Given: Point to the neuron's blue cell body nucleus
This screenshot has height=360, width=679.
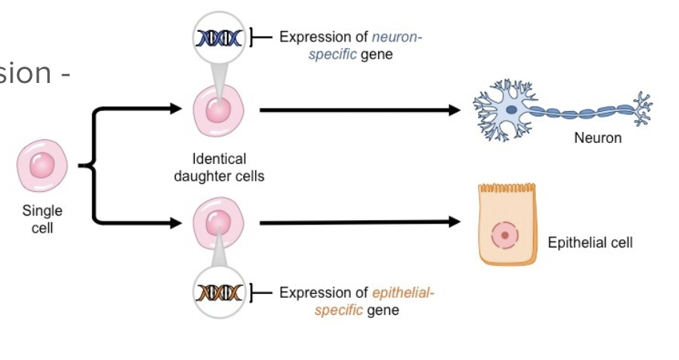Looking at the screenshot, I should [511, 110].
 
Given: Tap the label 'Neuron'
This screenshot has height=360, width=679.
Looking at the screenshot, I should [597, 139].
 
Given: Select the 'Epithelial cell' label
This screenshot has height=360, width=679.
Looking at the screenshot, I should [589, 243].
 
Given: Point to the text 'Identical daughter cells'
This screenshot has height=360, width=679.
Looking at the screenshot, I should [219, 167].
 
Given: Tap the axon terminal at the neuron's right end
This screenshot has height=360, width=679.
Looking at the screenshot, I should [642, 108].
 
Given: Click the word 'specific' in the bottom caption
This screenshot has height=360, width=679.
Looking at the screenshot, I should [337, 310].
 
